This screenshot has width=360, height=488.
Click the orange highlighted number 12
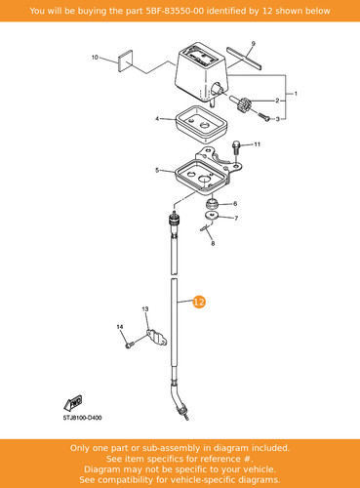click(199, 302)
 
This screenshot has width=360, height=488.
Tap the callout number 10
click(95, 58)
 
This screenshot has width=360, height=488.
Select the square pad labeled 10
click(125, 61)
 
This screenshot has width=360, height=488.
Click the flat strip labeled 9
click(244, 58)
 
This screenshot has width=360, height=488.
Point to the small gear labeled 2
click(239, 103)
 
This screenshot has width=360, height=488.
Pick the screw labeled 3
click(263, 116)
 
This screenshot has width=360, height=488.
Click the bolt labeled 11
click(236, 149)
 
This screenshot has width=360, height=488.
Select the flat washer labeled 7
click(212, 215)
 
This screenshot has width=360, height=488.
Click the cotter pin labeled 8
click(205, 227)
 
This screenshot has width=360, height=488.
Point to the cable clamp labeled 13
click(157, 338)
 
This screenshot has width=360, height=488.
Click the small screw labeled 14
click(129, 345)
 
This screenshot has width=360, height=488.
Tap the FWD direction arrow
click(72, 403)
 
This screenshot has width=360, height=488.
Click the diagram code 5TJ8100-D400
click(82, 418)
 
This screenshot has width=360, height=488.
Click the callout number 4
click(157, 119)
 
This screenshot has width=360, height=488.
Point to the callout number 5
click(157, 170)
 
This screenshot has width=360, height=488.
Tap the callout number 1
click(296, 94)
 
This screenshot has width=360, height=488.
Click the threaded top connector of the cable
click(174, 219)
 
